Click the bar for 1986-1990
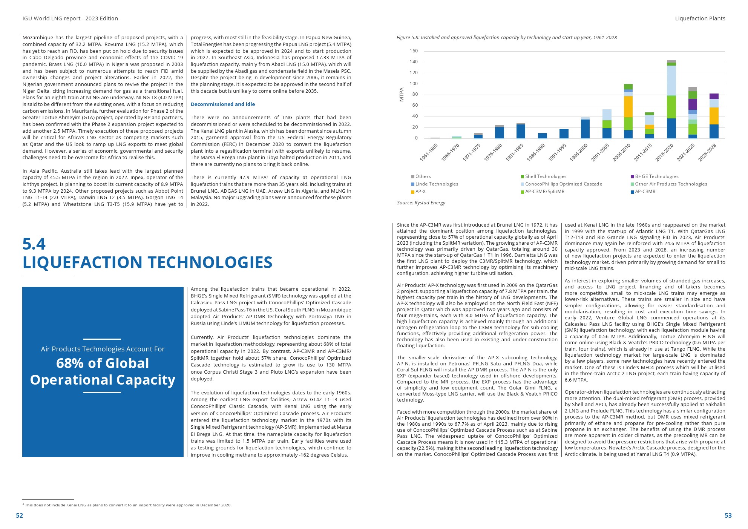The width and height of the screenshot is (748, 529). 542,136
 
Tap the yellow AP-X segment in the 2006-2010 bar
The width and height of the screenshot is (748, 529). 628,107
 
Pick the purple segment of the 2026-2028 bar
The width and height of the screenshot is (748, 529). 714,96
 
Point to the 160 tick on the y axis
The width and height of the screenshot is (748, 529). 414,51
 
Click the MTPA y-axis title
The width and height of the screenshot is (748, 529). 402,94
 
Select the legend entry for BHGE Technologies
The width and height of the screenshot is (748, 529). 656,176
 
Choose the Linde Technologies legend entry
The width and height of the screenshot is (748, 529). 437,184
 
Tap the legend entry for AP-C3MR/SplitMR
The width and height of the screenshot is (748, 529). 544,192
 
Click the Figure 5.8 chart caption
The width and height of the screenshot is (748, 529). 506,38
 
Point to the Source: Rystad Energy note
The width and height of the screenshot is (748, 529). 421,203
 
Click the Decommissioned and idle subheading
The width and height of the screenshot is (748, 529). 223,104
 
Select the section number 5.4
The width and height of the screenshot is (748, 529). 34,244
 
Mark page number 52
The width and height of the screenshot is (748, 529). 20,515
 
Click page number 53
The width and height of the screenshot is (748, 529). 728,515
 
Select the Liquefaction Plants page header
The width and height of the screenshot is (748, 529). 700,18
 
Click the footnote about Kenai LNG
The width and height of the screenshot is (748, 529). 128,505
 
